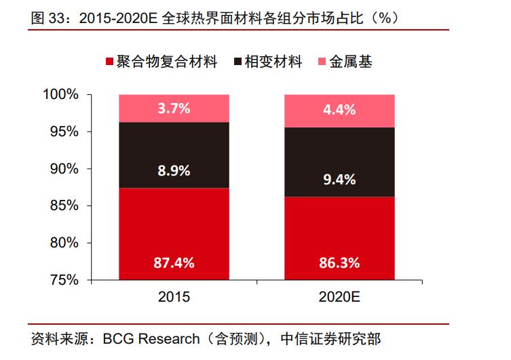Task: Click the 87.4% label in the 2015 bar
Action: tap(174, 263)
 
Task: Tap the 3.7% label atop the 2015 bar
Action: tap(174, 108)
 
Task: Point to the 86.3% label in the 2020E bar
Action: tap(339, 263)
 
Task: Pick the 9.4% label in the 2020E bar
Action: tap(339, 180)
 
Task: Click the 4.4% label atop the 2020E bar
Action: tap(339, 110)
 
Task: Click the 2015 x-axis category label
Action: tap(174, 297)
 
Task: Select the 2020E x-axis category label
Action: tap(339, 297)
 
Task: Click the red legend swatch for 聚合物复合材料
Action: tap(109, 63)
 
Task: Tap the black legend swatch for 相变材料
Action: tap(237, 63)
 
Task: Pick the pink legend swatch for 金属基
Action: tap(322, 63)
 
